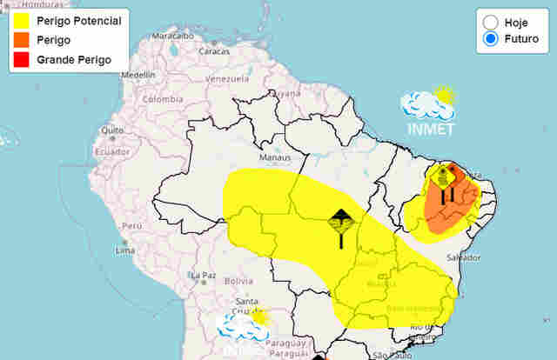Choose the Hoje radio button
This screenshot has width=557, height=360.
[x=491, y=21]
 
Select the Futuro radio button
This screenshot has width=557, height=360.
[x=491, y=38]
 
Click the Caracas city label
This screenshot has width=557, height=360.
[x=214, y=50]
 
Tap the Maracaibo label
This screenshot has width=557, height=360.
[x=172, y=37]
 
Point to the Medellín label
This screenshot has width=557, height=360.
[x=138, y=75]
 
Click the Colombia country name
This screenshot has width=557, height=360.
[x=164, y=98]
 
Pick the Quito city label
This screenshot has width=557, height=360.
[x=110, y=130]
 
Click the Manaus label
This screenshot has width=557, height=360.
[x=274, y=158]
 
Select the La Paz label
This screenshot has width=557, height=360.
[x=204, y=275]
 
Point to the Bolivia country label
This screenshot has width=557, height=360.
[x=238, y=281]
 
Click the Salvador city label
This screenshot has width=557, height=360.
[x=463, y=258]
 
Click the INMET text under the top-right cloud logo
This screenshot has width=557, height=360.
[x=431, y=130]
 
